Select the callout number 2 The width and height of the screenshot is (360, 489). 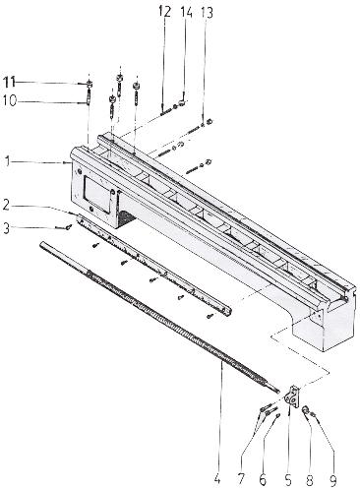pyautogui.click(x=7, y=206)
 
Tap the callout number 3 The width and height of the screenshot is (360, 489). pyautogui.click(x=7, y=228)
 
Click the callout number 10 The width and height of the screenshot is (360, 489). pyautogui.click(x=10, y=100)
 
